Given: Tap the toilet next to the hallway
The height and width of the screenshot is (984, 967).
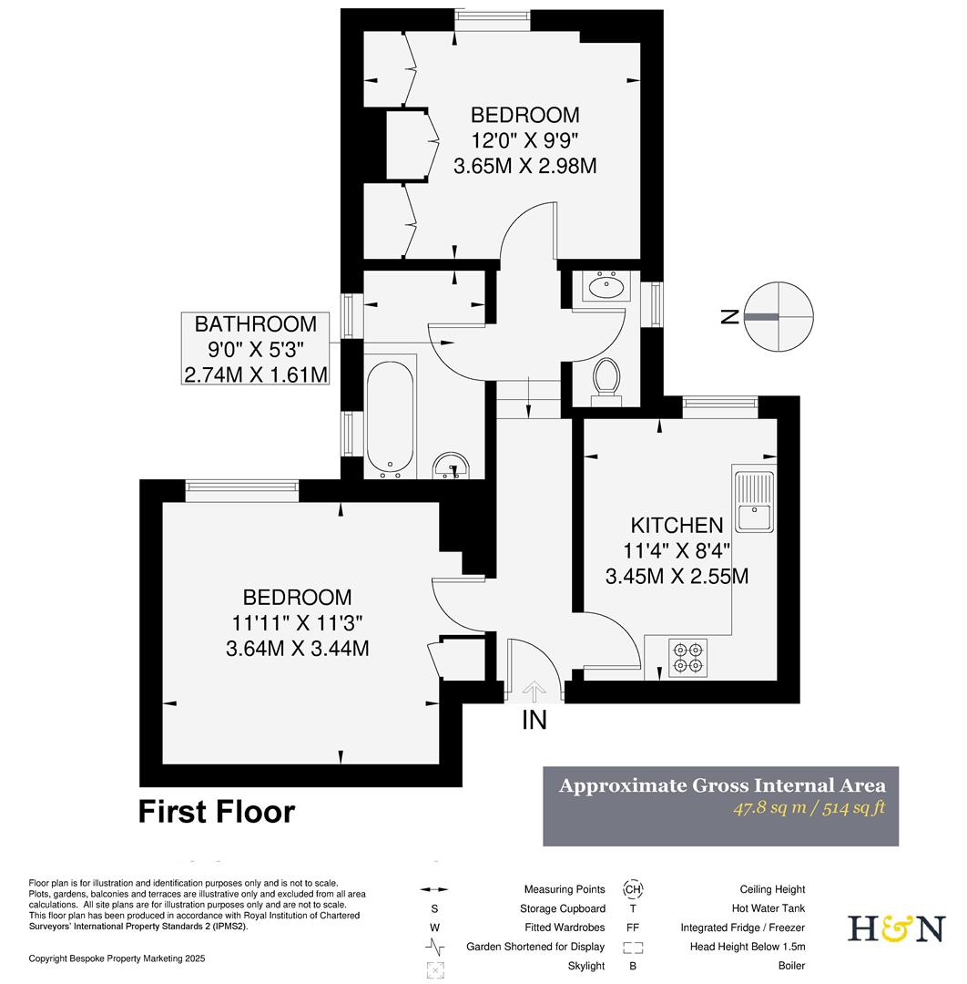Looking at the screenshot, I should click(606, 379).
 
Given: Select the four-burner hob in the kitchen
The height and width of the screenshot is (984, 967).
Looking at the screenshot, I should click(687, 658).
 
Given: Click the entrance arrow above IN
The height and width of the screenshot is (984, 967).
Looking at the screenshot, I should click(534, 691).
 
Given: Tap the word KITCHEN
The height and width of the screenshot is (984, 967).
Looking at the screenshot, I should click(677, 526).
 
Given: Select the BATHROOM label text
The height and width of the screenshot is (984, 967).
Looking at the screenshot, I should click(256, 323).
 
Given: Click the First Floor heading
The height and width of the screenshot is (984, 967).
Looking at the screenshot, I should click(217, 811).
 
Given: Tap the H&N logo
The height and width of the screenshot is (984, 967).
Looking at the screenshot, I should click(896, 928).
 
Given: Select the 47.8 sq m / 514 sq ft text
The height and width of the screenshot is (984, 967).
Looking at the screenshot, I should click(809, 807).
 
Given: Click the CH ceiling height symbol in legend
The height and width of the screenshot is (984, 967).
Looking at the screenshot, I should click(632, 889).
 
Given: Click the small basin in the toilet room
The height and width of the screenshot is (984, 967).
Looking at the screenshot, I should click(604, 288).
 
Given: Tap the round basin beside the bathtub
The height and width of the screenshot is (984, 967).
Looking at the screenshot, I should click(452, 467).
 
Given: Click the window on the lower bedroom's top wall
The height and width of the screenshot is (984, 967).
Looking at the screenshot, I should click(241, 490).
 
